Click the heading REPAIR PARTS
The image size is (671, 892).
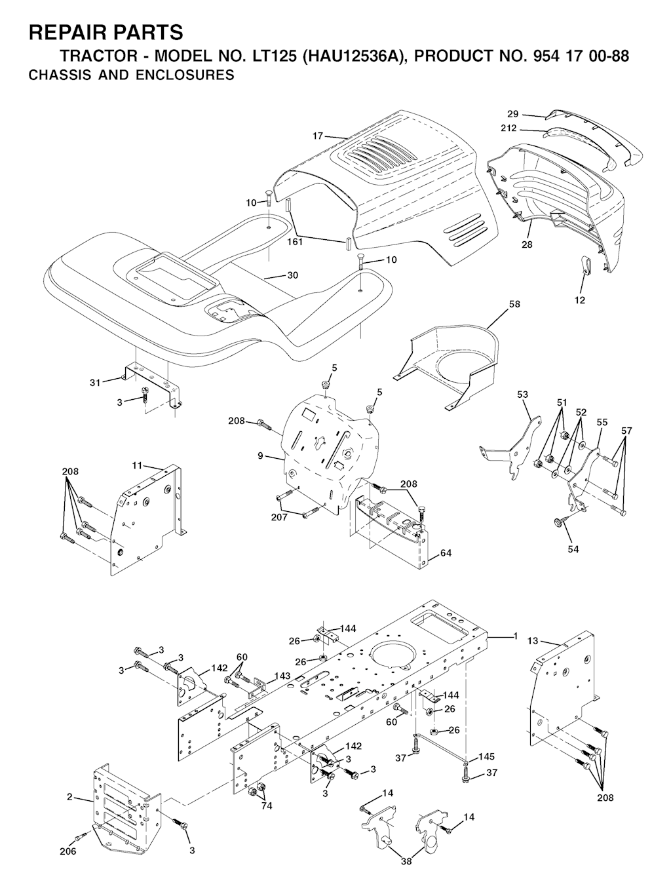(105, 32)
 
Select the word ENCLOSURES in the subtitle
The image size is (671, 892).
(185, 75)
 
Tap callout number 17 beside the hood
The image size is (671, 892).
(318, 136)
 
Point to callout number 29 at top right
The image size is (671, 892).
(513, 114)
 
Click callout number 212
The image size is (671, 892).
(508, 128)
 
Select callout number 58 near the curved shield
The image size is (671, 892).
(514, 304)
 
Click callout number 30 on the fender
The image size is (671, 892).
(292, 275)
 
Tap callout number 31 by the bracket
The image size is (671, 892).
(94, 383)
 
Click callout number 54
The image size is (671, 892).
(573, 549)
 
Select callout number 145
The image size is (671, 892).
(487, 756)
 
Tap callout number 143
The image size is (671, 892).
(282, 676)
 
